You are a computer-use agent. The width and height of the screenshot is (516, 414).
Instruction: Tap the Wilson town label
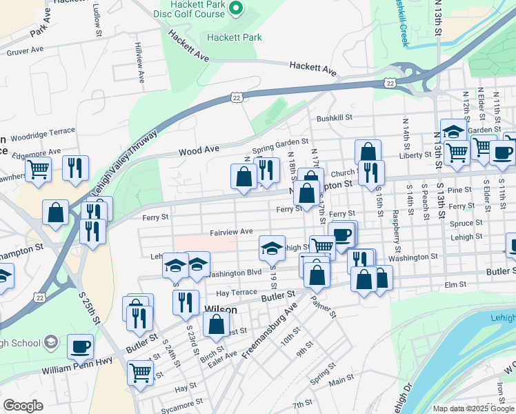(221, 310)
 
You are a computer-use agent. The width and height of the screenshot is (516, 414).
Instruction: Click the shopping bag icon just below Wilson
(217, 324)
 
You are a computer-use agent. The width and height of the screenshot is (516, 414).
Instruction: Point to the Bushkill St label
(335, 118)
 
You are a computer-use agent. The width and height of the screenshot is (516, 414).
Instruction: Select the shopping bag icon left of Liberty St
(368, 152)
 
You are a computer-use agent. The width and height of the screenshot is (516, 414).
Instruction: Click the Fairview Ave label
(232, 232)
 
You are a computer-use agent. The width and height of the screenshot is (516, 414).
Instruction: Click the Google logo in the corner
(23, 406)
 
